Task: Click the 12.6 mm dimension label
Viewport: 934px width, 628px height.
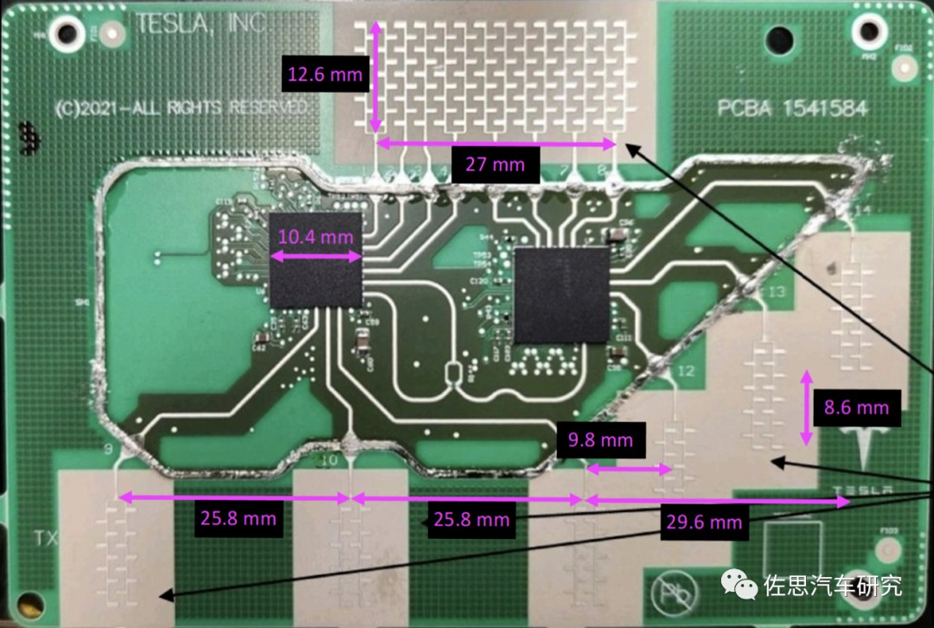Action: [x=325, y=74]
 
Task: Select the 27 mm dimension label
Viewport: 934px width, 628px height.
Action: [x=495, y=163]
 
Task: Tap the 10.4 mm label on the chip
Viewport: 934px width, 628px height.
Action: [x=316, y=236]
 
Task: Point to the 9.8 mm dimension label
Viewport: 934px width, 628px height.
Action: [x=600, y=439]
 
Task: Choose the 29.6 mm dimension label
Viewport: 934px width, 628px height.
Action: [x=703, y=522]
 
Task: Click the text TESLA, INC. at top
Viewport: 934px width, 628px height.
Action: [x=199, y=25]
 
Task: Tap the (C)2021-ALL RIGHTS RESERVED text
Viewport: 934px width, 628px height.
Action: [x=180, y=108]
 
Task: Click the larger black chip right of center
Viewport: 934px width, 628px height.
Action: [x=562, y=294]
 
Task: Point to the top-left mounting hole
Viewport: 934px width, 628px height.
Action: [x=67, y=33]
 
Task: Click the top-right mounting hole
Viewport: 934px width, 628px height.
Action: [x=868, y=31]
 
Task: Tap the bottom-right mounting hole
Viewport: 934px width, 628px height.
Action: [x=887, y=552]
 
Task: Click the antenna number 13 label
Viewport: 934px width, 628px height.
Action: [x=775, y=292]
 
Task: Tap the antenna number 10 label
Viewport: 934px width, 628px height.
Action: [x=329, y=461]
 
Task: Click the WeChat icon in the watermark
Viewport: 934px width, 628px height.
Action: [x=743, y=586]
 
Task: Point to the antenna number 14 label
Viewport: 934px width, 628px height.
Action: [x=860, y=210]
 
